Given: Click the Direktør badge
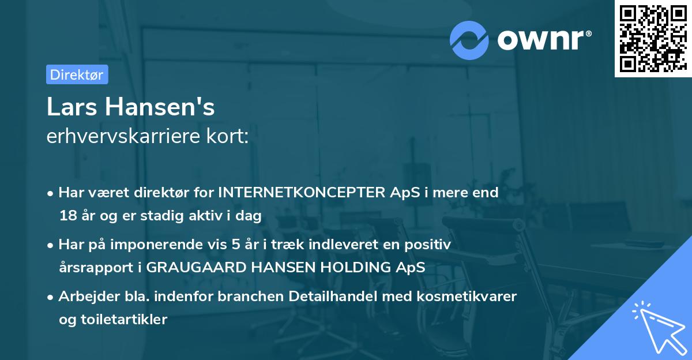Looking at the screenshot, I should [77, 74].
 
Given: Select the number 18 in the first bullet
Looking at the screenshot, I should [66, 216].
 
